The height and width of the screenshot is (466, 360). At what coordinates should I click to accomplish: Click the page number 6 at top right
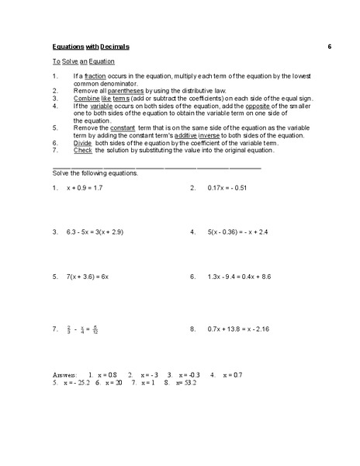(x=329, y=47)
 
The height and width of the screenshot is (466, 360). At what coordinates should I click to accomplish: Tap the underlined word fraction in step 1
(x=95, y=76)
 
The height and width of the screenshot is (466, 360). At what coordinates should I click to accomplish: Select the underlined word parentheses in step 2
(x=126, y=91)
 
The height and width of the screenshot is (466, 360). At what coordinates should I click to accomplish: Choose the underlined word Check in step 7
(x=83, y=150)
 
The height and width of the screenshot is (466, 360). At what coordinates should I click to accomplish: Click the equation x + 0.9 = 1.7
(x=85, y=188)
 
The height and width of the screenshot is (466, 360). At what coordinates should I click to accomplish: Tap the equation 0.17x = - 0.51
(x=227, y=188)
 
